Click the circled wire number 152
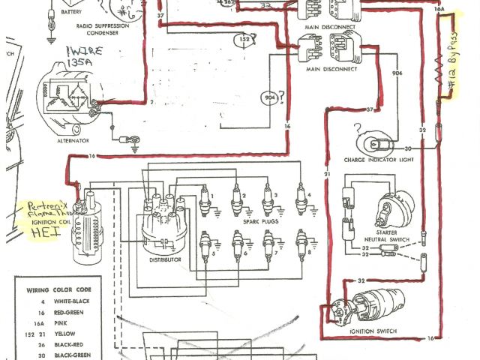[244, 39]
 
